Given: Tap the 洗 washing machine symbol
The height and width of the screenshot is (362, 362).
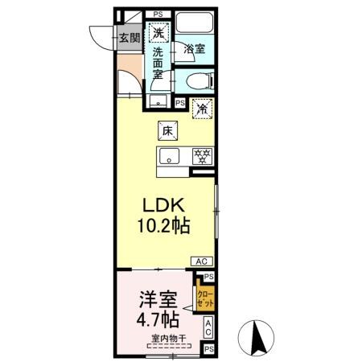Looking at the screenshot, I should click(158, 33).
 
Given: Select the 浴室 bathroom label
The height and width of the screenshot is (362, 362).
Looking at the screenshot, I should click(193, 49).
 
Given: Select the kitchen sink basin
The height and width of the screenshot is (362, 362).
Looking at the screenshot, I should click(171, 156).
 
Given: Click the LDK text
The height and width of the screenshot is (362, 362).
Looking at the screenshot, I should click(167, 204).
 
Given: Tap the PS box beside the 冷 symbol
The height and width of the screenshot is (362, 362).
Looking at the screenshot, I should click(179, 103).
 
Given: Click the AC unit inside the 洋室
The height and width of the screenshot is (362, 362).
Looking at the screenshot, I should click(208, 327).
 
